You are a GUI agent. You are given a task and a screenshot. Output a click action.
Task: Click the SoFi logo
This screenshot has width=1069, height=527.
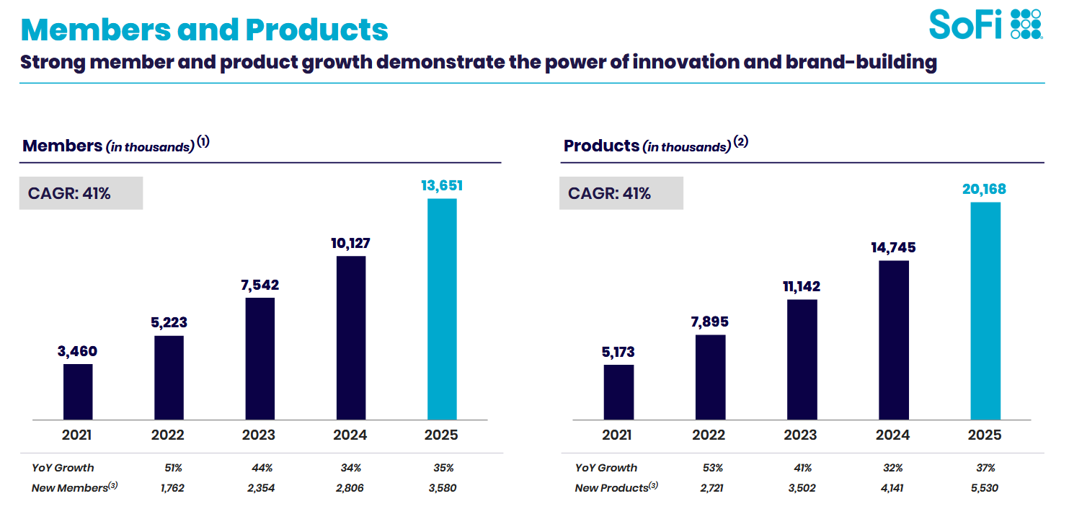pos(985,24)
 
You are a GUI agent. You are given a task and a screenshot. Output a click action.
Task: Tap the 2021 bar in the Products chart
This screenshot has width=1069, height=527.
pos(618,392)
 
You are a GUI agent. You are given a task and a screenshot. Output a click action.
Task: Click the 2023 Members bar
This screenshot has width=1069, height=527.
pos(260,358)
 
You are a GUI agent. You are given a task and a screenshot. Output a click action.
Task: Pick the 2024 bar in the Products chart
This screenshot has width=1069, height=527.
pos(893,340)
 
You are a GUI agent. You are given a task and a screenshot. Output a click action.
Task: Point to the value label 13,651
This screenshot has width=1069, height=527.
pos(442,186)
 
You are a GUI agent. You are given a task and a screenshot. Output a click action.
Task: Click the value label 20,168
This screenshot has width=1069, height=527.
pos(985,190)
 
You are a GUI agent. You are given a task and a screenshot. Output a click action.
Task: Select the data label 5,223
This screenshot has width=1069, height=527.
pos(169,322)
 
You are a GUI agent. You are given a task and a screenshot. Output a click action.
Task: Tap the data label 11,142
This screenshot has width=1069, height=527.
pos(801,286)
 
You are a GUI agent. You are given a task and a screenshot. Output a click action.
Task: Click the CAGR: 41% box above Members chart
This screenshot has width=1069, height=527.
pos(81,193)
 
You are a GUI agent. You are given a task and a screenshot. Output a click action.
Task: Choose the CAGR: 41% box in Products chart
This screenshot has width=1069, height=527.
pos(621,193)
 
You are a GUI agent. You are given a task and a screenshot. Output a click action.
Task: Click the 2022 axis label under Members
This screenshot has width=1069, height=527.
pos(168,435)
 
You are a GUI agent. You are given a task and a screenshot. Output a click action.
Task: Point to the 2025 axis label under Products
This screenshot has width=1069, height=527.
pos(985,435)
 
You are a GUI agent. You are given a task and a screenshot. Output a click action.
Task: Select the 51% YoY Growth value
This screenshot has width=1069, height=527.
pos(173,468)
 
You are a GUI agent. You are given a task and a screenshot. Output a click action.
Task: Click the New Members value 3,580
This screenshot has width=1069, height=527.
pos(441,488)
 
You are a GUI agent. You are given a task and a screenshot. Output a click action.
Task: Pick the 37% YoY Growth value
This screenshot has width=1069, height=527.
pos(985,468)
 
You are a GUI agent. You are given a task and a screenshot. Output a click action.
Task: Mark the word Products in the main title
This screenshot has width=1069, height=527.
pos(316,30)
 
